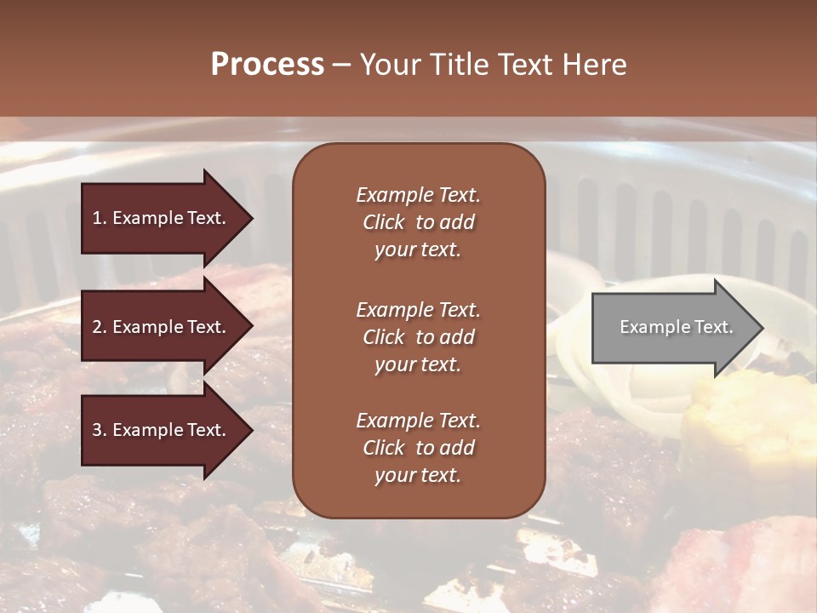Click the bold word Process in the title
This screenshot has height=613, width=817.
click(267, 65)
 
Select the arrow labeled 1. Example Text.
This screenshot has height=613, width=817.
click(162, 218)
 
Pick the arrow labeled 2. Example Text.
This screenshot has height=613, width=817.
click(162, 327)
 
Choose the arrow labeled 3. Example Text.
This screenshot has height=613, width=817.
click(162, 430)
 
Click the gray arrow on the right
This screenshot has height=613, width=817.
click(672, 328)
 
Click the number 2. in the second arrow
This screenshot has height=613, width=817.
click(100, 327)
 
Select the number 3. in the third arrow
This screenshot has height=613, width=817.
click(100, 430)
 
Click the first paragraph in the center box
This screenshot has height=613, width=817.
click(418, 222)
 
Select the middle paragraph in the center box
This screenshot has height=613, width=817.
click(418, 337)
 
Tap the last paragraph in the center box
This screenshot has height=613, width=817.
click(418, 448)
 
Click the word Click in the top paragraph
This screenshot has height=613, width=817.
click(384, 222)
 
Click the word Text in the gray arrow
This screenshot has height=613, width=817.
click(713, 327)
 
